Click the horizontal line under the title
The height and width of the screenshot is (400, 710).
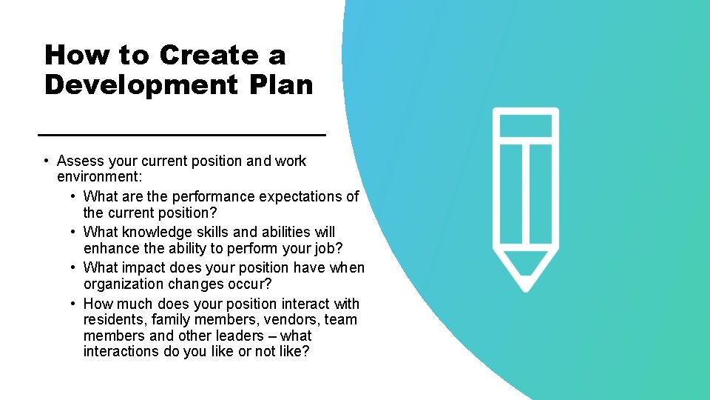(181, 135)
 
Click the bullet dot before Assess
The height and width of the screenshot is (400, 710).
(46, 161)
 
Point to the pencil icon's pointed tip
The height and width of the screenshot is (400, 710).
(526, 284)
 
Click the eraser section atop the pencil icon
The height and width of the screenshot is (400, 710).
(526, 124)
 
